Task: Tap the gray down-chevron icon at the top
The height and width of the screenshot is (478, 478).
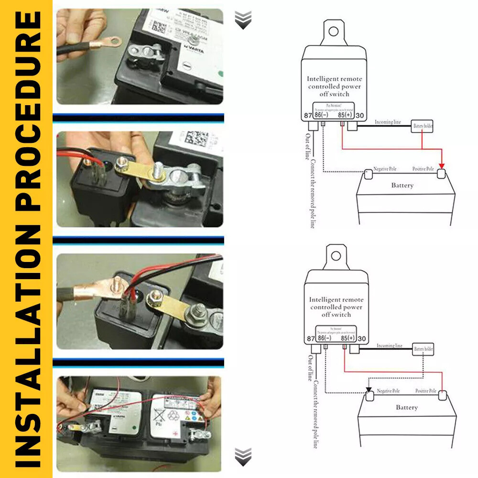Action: tap(243, 21)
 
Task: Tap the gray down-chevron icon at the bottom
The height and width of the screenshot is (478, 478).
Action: tap(243, 456)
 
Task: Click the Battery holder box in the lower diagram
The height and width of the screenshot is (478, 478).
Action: tap(424, 350)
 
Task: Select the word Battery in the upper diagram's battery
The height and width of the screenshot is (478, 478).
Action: tap(402, 185)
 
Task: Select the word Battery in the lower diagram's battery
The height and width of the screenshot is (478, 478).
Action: tap(407, 408)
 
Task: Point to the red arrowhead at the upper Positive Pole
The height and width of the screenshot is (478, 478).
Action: tap(442, 165)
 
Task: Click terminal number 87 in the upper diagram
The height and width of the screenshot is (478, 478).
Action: tap(309, 115)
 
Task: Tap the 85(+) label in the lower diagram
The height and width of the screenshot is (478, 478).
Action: tap(348, 338)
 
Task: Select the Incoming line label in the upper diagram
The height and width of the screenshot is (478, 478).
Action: tap(388, 122)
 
